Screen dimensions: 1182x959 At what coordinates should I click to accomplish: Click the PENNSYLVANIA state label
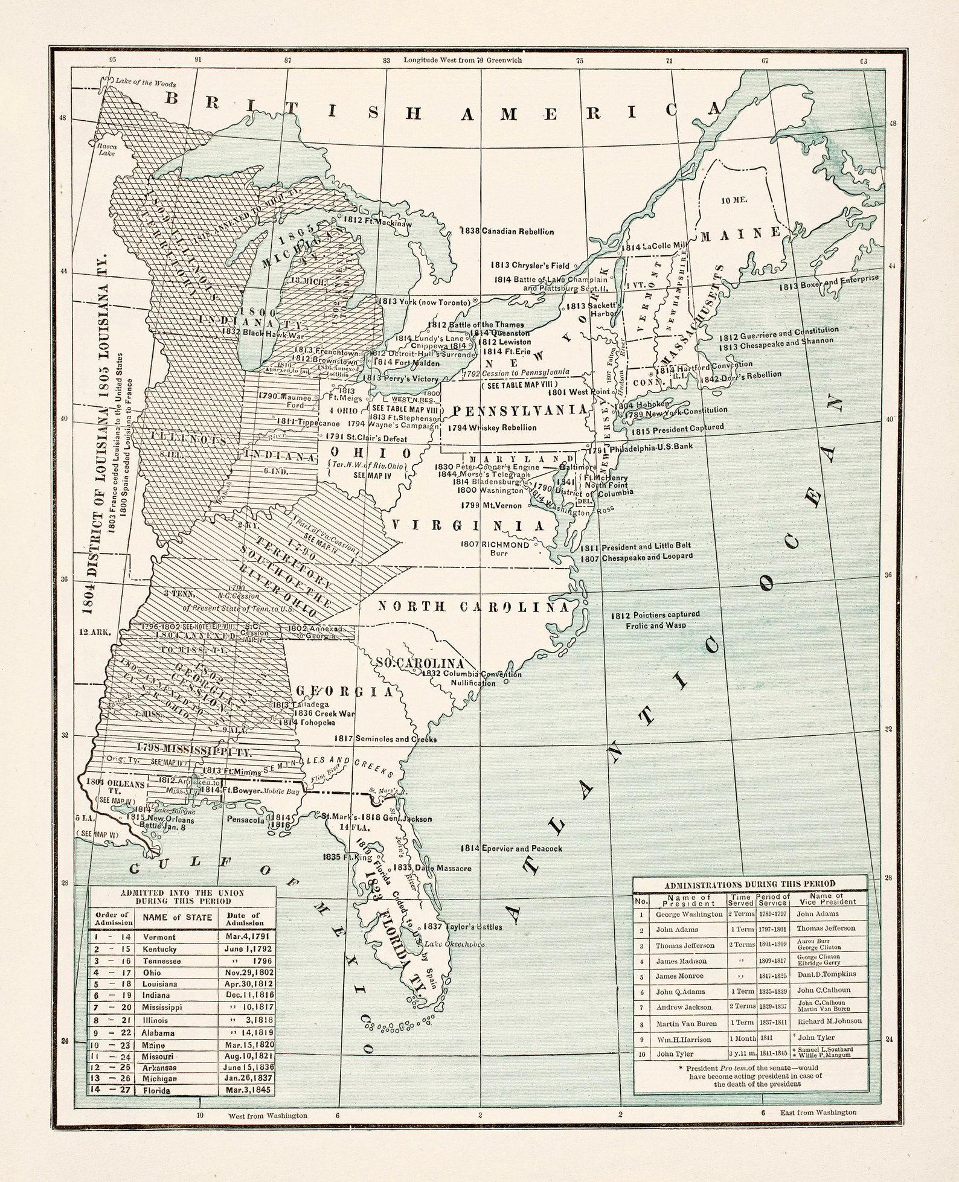[x=519, y=411]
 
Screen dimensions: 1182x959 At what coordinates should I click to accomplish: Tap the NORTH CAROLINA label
[x=474, y=607]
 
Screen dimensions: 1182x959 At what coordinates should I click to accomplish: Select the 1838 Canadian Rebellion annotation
[x=507, y=231]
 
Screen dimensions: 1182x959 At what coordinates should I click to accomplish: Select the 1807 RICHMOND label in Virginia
[x=495, y=545]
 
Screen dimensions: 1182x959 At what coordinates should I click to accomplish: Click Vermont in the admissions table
[x=159, y=938]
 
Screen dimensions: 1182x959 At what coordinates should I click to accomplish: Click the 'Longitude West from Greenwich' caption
[x=463, y=60]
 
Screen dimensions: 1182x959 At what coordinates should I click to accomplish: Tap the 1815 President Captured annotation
[x=677, y=429]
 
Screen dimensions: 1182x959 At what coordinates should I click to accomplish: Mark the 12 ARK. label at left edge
[x=95, y=633]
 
